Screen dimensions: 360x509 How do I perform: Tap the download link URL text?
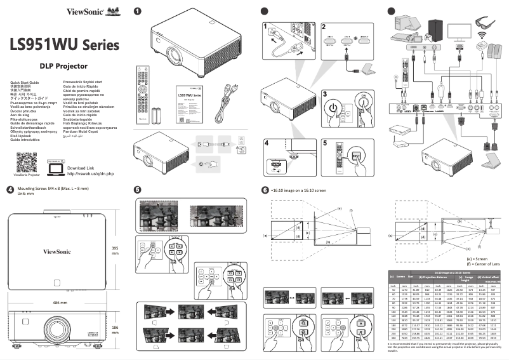(x=91, y=173)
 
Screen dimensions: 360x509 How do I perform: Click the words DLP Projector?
(x=63, y=66)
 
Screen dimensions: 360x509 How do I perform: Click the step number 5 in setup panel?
(x=325, y=143)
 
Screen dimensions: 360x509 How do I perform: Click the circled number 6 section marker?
(x=265, y=190)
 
